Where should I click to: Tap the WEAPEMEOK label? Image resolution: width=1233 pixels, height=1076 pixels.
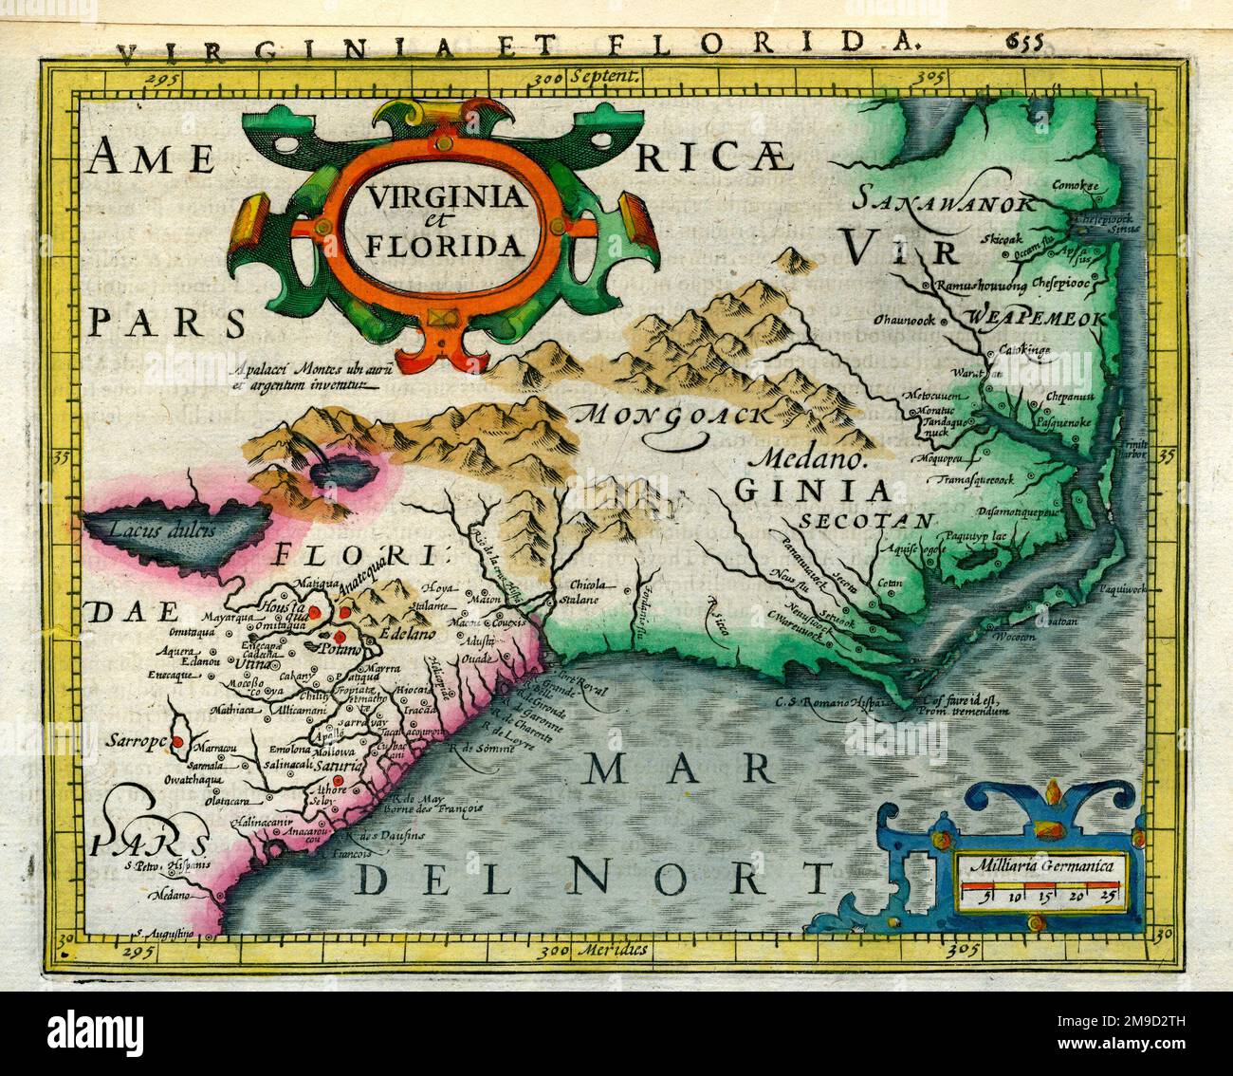tap(1037, 319)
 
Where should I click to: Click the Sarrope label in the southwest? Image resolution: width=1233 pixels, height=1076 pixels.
tap(136, 738)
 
